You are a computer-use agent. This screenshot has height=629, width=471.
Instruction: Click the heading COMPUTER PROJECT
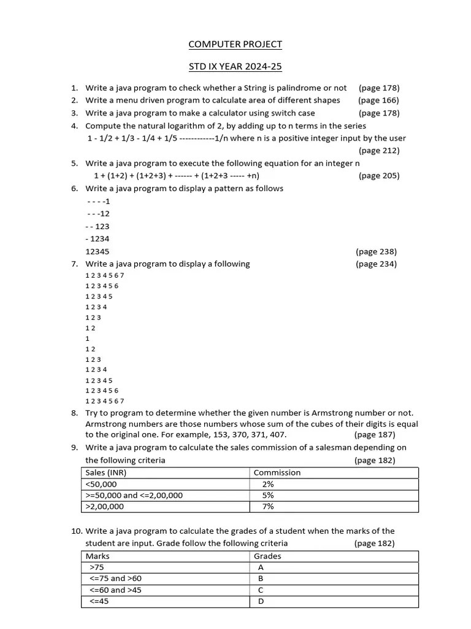tap(235, 44)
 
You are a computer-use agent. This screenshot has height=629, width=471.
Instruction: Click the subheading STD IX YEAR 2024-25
tap(235, 66)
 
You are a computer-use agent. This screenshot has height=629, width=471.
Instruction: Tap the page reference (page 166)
tap(378, 100)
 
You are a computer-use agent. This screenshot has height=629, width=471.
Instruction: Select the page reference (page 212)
tap(378, 150)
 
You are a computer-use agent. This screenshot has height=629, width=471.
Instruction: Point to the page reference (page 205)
tap(378, 176)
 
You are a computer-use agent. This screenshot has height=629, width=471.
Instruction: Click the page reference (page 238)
tap(376, 251)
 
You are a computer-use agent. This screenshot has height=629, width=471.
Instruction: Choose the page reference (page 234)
tap(376, 264)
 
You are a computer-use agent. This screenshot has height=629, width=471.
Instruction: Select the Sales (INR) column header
tap(106, 473)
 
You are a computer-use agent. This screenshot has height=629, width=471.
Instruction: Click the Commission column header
tap(277, 473)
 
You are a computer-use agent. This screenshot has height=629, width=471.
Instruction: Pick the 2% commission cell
tap(267, 484)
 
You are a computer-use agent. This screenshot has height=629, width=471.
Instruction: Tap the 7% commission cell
tap(267, 507)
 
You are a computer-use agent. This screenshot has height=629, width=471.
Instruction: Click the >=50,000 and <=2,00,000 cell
tap(134, 495)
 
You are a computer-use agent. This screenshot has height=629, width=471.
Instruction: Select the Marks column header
tap(98, 557)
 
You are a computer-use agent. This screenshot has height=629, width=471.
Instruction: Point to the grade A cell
tap(261, 568)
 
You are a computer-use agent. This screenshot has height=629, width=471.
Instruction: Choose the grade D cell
tap(261, 601)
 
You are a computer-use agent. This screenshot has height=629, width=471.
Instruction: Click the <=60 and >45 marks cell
tap(115, 590)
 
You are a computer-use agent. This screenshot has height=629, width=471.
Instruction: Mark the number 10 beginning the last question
tap(76, 531)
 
